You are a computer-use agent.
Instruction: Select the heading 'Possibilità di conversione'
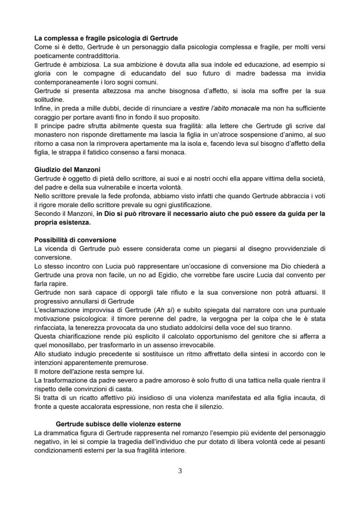pos(75,240)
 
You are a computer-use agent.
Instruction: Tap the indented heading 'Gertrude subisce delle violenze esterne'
pos(118,424)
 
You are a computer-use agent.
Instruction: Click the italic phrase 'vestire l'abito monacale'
pos(222,108)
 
